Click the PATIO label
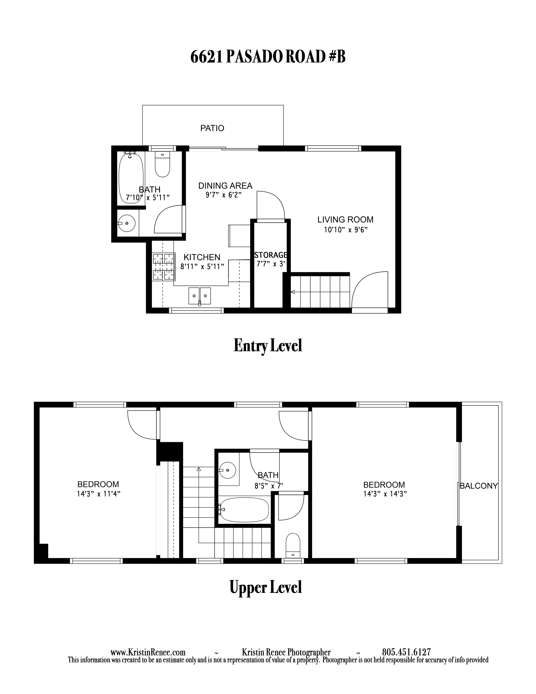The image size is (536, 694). coord(212,128)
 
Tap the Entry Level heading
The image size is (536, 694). coord(268,345)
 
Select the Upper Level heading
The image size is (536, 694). coord(266,588)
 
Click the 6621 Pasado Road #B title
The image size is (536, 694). coord(268,57)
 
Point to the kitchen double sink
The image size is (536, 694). coord(200,296)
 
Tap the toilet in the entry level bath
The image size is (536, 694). coord(162,164)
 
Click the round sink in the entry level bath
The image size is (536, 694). coord(127,223)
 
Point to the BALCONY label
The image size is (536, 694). coord(479,486)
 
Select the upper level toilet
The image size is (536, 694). coord(293,545)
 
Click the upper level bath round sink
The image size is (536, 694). coord(228,470)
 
